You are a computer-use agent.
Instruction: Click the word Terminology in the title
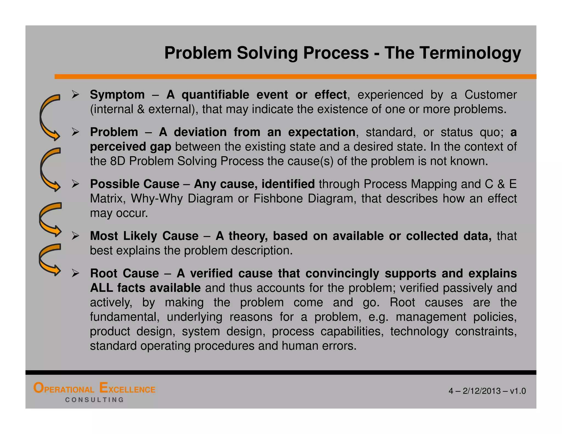[x=453, y=53]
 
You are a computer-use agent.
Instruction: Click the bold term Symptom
[x=117, y=95]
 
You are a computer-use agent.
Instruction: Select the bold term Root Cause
[x=124, y=273]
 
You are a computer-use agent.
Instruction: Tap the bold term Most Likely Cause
[x=144, y=236]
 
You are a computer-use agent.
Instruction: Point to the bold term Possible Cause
[x=134, y=184]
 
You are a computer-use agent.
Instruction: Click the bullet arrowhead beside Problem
[x=75, y=132]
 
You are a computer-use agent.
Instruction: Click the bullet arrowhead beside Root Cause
[x=75, y=273]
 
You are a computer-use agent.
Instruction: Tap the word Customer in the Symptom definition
[x=490, y=95]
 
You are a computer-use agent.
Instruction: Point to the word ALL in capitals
[x=102, y=288]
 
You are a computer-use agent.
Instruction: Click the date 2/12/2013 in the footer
[x=482, y=391]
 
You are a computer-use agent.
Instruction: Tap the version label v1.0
[x=518, y=391]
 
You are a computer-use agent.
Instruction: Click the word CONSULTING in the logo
[x=95, y=400]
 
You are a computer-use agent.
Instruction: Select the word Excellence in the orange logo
[x=127, y=389]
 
